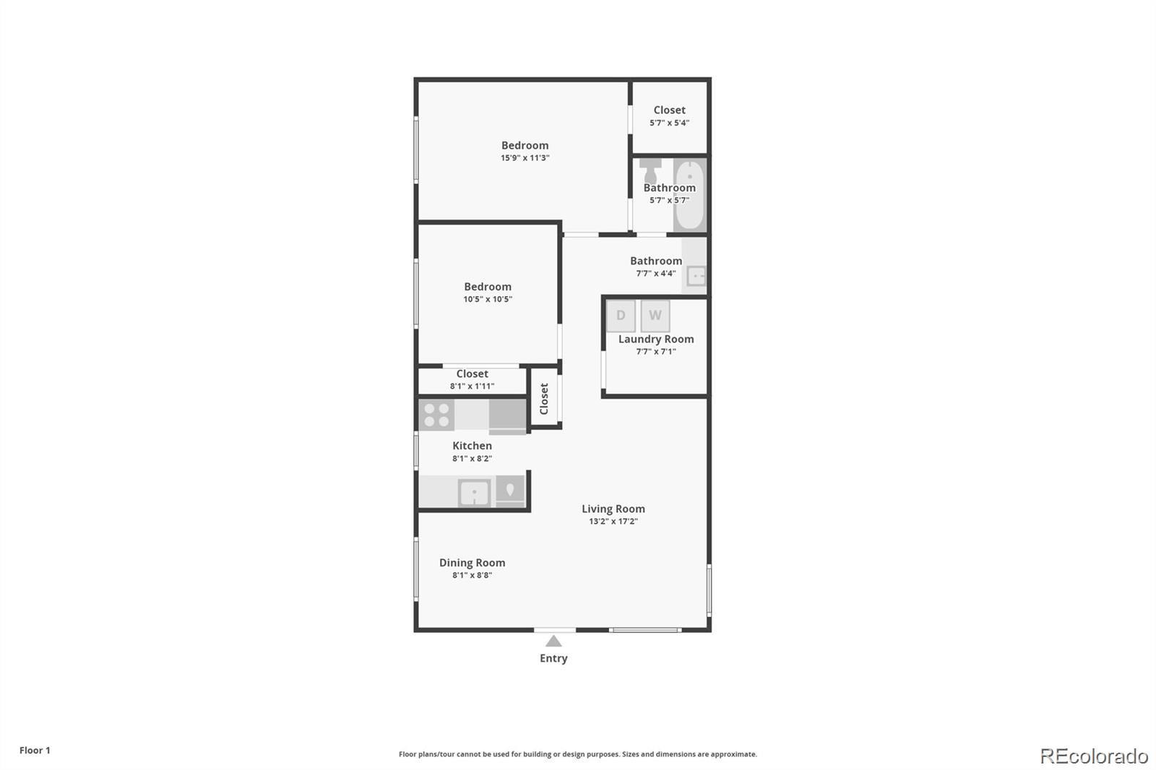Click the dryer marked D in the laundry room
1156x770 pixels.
(x=621, y=316)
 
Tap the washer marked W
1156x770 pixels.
(x=655, y=316)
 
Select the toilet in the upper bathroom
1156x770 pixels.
(x=650, y=170)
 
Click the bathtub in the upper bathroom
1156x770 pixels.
(x=690, y=195)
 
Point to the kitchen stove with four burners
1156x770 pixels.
(x=436, y=415)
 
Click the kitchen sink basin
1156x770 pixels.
(x=474, y=493)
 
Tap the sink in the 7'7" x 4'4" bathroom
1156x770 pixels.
(x=696, y=276)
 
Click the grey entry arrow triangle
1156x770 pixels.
(x=553, y=641)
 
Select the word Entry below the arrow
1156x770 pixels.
(x=553, y=658)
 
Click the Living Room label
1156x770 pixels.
(x=613, y=509)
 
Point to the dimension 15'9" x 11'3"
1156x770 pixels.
(x=525, y=158)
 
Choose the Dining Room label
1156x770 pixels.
(x=473, y=563)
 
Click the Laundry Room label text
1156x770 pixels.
(x=656, y=339)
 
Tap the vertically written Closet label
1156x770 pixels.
(x=544, y=399)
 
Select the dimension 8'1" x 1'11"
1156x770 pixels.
(x=473, y=386)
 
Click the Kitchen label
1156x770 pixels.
(x=473, y=446)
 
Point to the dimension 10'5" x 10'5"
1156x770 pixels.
(x=488, y=299)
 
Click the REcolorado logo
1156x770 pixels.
(x=1094, y=756)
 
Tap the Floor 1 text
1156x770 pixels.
(x=35, y=750)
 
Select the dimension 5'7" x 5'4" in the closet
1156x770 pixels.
(x=669, y=123)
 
